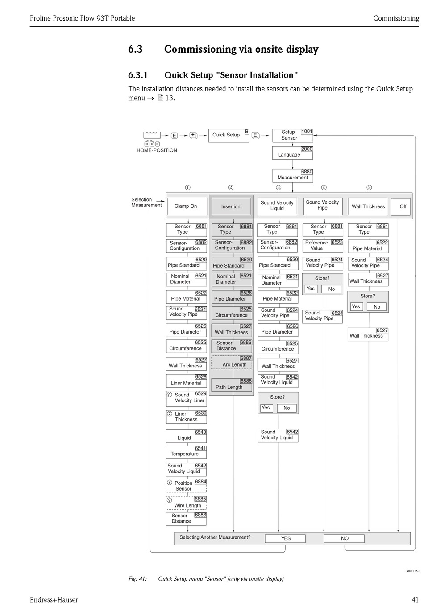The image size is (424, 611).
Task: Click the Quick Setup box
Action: [228, 135]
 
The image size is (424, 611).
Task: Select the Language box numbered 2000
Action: [292, 153]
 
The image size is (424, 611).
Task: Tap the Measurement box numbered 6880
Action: [292, 176]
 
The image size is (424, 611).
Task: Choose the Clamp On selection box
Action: [186, 206]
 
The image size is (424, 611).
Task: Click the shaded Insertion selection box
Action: [231, 206]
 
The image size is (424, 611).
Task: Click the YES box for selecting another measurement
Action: [286, 538]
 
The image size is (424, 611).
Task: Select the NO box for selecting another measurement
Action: [345, 538]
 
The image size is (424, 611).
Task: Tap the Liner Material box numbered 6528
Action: [186, 381]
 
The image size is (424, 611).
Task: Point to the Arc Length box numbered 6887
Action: [232, 363]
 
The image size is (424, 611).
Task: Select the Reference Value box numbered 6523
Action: [323, 245]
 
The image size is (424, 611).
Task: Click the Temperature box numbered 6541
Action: [186, 452]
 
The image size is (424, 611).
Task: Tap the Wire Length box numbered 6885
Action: [186, 503]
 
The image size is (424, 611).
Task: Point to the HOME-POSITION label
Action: [157, 150]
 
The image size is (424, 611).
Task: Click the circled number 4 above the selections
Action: [324, 188]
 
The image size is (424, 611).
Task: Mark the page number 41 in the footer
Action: [415, 600]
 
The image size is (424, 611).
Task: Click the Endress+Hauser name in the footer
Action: [54, 600]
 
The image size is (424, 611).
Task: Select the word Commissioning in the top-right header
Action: [396, 18]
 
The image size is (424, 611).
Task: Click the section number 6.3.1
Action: [138, 75]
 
